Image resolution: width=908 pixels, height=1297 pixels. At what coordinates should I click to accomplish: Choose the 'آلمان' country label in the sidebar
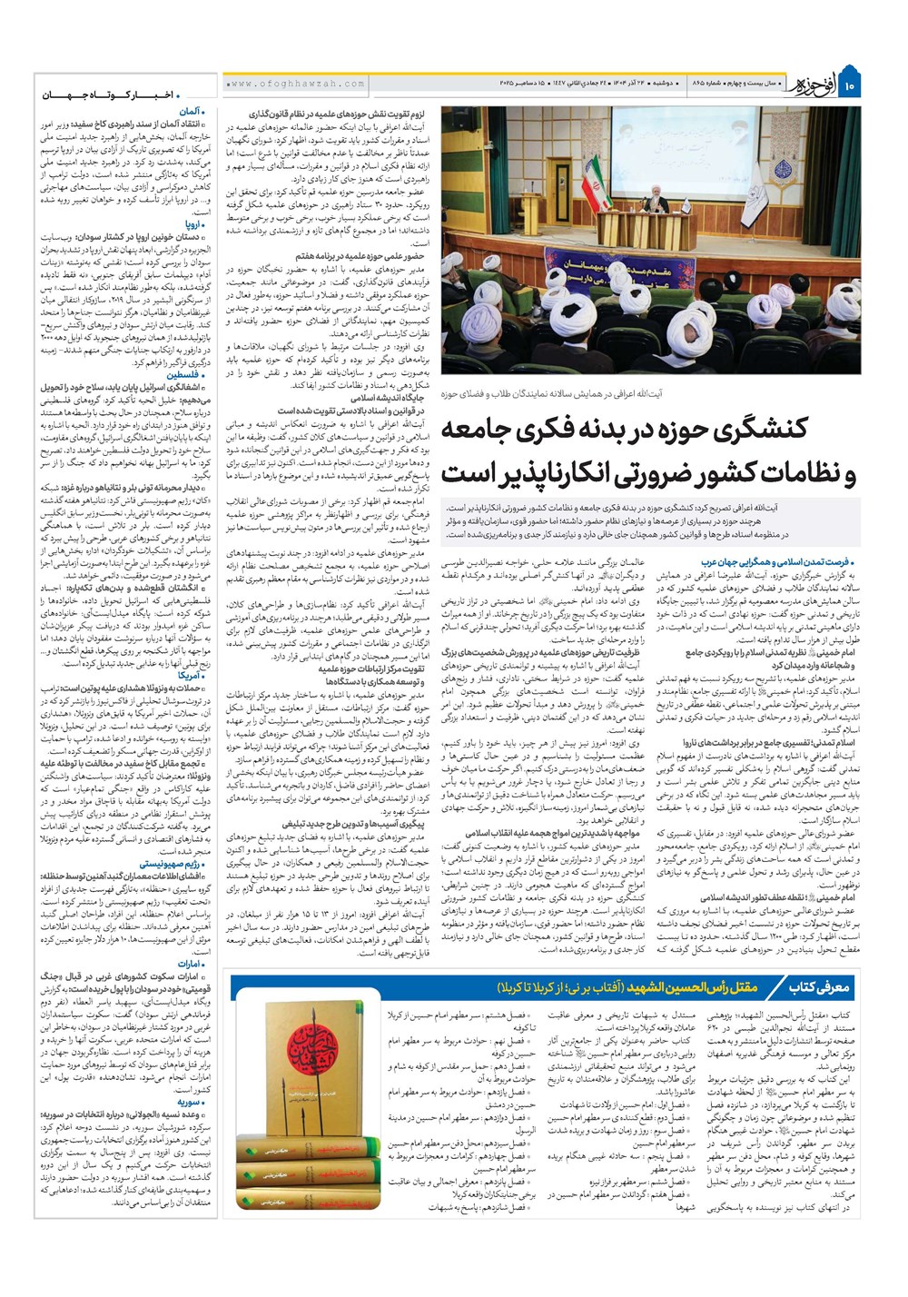[194, 111]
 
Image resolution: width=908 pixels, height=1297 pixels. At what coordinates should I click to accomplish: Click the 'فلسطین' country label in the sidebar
[187, 375]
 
